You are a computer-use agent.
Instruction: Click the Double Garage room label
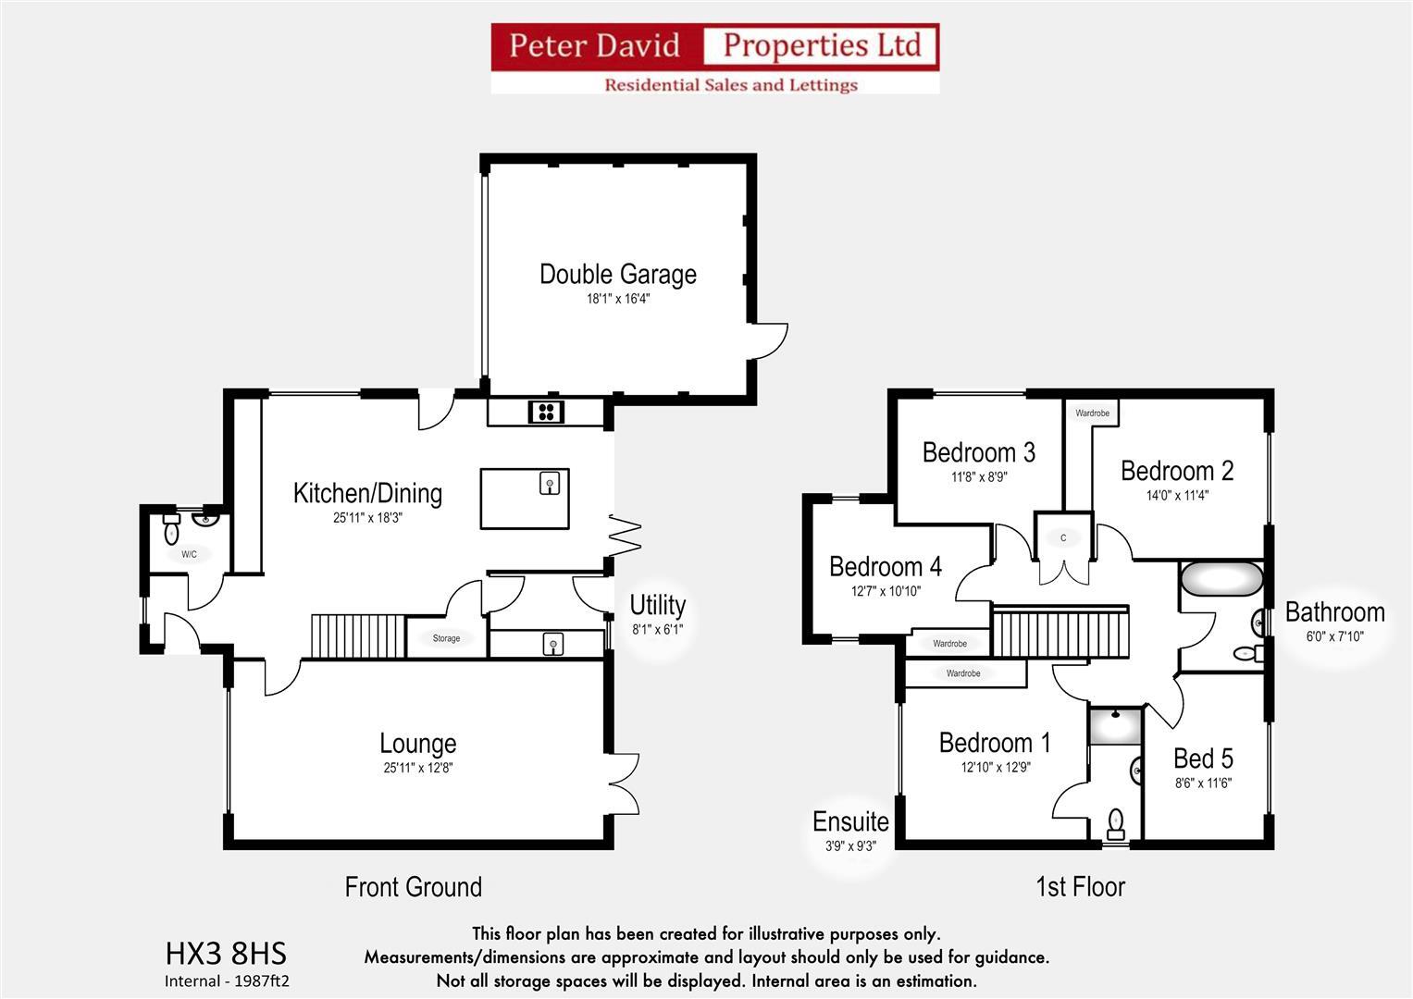[x=617, y=275]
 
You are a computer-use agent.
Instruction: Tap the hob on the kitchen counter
[x=546, y=412]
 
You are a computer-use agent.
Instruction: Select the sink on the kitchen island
[x=550, y=483]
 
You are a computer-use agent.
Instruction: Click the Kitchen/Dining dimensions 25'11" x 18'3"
[x=367, y=518]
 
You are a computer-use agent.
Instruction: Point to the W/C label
[x=189, y=555]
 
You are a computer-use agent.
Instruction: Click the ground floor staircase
[x=357, y=635]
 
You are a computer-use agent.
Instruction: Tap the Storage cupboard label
[x=446, y=638]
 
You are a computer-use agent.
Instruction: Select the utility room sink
[x=552, y=643]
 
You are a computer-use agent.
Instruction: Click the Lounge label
[x=417, y=744]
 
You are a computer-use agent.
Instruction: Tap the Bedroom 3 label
[x=978, y=452]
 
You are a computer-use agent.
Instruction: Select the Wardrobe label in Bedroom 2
[x=1092, y=413]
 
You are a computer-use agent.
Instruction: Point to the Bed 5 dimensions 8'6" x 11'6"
[x=1203, y=783]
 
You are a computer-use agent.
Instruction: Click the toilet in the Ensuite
[x=1116, y=821]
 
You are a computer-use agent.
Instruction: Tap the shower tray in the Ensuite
[x=1115, y=726]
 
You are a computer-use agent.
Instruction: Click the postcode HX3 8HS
[x=226, y=953]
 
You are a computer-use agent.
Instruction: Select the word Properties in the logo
[x=822, y=45]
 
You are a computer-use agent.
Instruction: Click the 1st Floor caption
[x=1080, y=887]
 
